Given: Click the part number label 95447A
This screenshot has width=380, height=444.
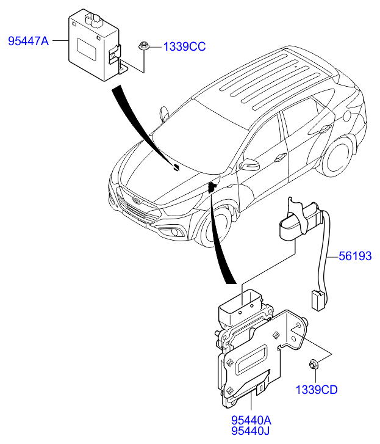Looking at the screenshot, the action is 29,42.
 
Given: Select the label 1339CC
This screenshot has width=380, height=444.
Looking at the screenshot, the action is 184,47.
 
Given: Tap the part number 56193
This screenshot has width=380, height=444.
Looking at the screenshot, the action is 355,256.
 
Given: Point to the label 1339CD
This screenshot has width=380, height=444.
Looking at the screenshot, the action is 317,390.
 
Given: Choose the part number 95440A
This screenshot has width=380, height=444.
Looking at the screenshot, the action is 251,420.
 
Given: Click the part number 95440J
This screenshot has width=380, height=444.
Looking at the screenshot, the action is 250,431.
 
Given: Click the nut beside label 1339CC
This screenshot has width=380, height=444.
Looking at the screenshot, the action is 143,47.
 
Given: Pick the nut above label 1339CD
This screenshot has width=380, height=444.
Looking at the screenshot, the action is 314,363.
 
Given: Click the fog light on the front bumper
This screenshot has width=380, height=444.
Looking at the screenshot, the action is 174,233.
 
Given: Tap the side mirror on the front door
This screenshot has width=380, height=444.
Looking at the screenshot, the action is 249,164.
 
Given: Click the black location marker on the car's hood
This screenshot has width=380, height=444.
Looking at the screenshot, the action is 176,167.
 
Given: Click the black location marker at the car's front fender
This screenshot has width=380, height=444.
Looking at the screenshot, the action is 212,187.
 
